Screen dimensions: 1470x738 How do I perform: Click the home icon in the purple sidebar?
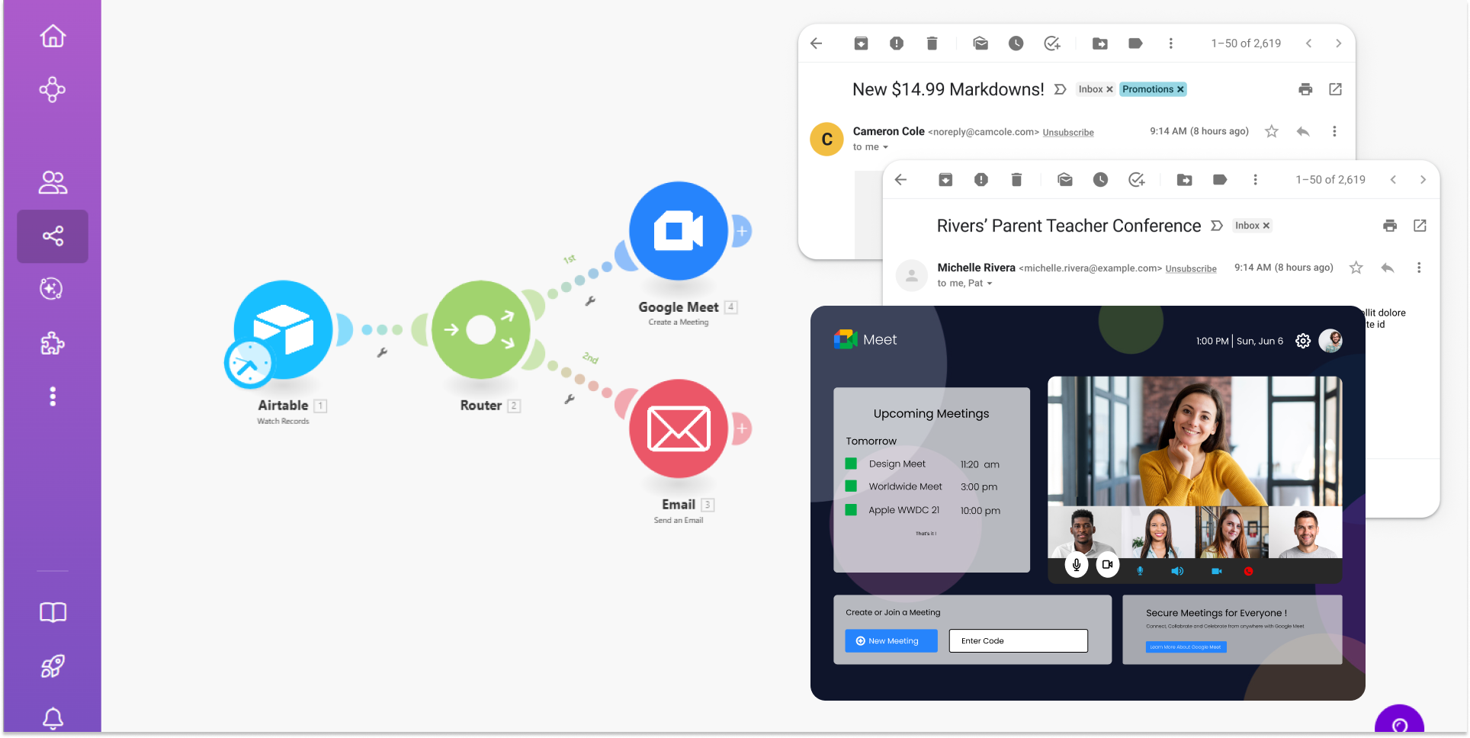tap(53, 36)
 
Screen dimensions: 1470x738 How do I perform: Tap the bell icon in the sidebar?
tap(53, 717)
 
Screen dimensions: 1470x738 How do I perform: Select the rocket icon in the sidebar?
tap(53, 666)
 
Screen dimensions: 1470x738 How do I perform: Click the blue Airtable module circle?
tap(284, 329)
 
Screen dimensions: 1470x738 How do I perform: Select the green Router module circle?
tap(481, 329)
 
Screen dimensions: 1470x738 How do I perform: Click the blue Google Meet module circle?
tap(678, 230)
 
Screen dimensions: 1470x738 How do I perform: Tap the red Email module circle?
tap(678, 428)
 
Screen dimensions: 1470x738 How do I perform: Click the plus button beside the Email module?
tap(742, 428)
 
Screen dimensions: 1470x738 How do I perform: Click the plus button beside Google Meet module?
tap(742, 230)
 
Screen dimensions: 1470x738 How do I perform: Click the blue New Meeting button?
tap(891, 640)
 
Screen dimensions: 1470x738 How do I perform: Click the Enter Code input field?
tap(1018, 640)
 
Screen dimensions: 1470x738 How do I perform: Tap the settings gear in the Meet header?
tap(1303, 341)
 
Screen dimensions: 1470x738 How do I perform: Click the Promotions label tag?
tap(1152, 89)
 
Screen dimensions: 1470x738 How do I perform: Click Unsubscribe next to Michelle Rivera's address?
tap(1191, 268)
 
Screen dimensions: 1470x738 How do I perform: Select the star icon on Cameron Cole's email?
tap(1271, 131)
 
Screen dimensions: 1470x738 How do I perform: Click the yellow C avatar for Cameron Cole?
tap(826, 139)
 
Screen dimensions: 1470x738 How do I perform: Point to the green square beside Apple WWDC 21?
tap(851, 509)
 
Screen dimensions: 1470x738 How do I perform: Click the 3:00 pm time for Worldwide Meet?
tap(979, 486)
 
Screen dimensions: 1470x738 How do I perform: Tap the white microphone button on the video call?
tap(1076, 564)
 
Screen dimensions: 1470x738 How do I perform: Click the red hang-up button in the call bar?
tap(1248, 571)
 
